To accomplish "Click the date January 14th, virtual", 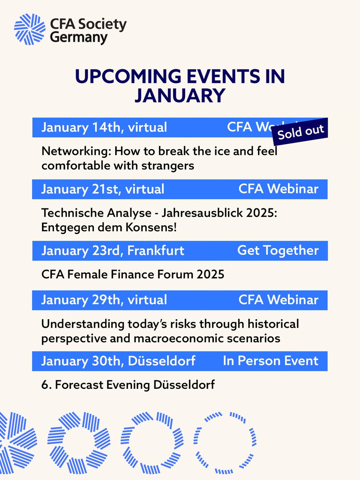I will (104, 128).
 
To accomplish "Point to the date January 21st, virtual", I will (103, 189).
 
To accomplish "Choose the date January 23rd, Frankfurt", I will (113, 251).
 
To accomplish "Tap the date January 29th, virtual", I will (104, 300).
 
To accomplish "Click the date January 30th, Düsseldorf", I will (118, 361).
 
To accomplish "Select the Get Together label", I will (278, 251).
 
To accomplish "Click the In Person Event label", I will (271, 361).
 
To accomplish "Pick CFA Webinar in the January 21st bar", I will (278, 189).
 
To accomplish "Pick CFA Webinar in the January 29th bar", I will (278, 300).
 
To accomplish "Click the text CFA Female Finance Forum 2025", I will (133, 275).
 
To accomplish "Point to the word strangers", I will (170, 165).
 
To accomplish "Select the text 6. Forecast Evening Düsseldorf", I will (128, 386).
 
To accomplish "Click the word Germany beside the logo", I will (79, 38).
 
